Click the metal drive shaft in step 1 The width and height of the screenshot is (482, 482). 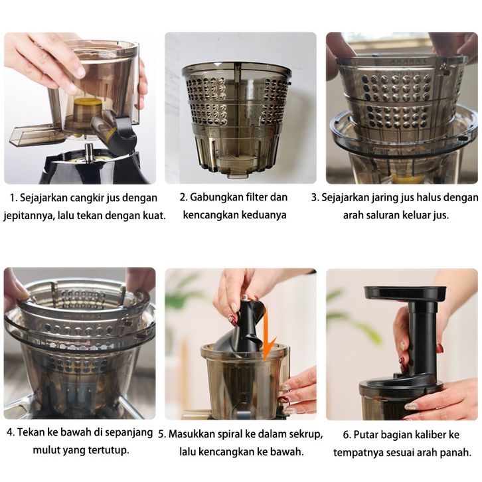click(x=88, y=151)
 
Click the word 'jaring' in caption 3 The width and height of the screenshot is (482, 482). click(x=385, y=198)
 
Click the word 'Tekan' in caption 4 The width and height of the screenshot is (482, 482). click(x=31, y=432)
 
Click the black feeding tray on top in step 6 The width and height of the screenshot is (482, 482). click(x=405, y=293)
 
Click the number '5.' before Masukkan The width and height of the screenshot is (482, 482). click(x=162, y=434)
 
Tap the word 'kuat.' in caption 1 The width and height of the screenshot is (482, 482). click(x=154, y=215)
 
